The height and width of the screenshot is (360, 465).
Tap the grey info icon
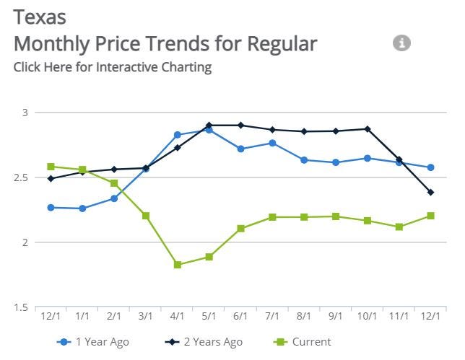401,43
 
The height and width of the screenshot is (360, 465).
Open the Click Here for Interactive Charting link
112,67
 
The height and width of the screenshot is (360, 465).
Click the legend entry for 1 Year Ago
97,342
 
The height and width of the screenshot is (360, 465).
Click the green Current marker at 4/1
178,265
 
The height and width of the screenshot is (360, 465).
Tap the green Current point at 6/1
241,229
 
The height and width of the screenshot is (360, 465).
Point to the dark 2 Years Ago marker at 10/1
368,129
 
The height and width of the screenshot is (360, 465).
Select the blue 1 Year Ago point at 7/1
272,143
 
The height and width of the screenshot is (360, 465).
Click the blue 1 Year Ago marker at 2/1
114,198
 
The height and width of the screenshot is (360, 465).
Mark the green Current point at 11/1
399,227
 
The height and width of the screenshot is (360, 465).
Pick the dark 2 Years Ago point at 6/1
241,125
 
